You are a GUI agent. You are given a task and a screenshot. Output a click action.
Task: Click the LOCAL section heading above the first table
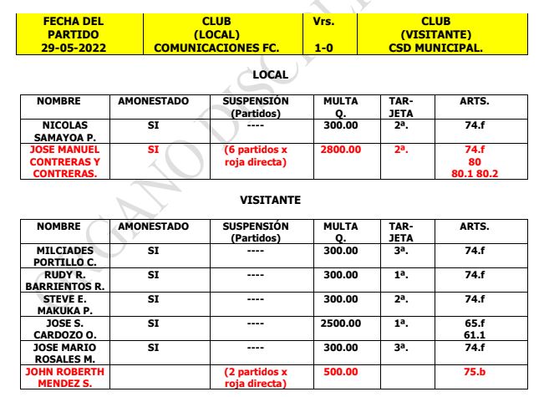click(269, 75)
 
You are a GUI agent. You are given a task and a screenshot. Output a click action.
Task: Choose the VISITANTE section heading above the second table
click(269, 201)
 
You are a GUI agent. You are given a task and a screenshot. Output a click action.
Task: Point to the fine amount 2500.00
click(341, 322)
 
